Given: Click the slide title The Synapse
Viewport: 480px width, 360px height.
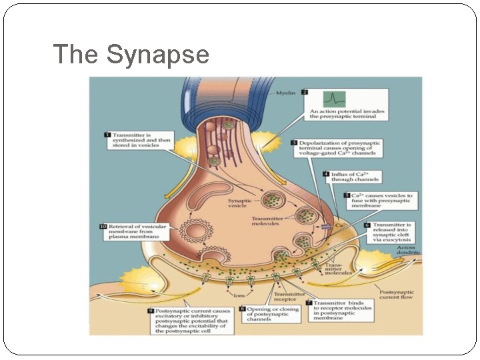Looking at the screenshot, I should pos(131,55).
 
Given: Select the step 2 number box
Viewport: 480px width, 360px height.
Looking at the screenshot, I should pos(305,93).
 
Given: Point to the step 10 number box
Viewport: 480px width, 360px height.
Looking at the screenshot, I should pos(103,227).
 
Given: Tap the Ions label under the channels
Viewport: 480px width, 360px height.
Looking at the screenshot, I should pos(237,294).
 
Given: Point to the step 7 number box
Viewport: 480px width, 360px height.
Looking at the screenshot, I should pos(309,303).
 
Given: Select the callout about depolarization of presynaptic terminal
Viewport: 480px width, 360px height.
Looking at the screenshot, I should pos(341,148).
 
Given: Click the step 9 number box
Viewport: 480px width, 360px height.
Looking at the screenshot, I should pos(151,311).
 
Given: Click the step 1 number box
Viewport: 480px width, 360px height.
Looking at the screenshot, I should pos(107,135).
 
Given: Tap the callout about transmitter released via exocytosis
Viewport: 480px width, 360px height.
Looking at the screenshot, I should pos(393,232).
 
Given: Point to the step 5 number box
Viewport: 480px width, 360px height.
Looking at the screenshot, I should pos(347,196).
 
